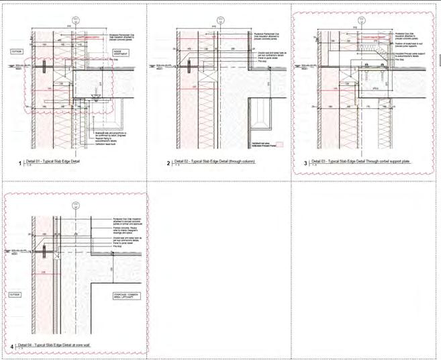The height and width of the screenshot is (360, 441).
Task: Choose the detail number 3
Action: (306, 163)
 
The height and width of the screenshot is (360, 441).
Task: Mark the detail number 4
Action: (13, 347)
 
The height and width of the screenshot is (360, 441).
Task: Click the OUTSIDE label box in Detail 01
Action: (18, 50)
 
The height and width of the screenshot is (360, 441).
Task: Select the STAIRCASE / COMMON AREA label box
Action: (122, 296)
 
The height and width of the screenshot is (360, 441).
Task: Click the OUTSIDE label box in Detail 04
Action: (15, 295)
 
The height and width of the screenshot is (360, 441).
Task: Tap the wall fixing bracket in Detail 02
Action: (190, 66)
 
